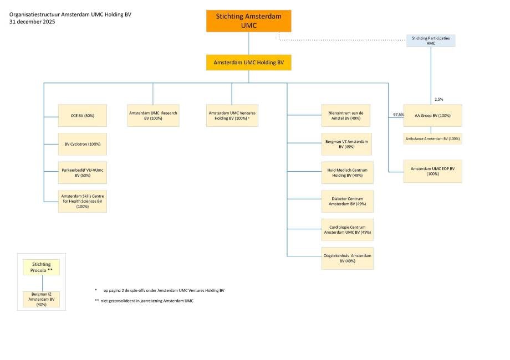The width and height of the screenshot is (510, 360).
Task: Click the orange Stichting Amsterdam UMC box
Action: point(248,21)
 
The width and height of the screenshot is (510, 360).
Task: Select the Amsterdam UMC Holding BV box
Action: point(248,63)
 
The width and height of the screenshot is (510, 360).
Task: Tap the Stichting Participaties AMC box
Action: point(431,40)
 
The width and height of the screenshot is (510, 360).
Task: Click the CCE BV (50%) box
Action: point(82,115)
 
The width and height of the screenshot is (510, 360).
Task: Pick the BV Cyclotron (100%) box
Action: point(82,144)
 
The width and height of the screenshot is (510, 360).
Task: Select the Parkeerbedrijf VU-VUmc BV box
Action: point(82,173)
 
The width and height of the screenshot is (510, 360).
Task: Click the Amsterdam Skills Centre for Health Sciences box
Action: point(82,201)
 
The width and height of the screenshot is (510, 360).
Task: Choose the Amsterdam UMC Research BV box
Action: point(153,115)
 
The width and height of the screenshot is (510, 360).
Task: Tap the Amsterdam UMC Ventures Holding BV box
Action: point(232,115)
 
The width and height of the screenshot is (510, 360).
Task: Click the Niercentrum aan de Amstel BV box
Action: point(346,115)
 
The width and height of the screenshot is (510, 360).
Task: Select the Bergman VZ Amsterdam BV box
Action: point(346,144)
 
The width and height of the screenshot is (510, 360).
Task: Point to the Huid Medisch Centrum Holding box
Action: point(348,173)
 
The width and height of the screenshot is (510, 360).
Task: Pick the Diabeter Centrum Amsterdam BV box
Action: point(348,201)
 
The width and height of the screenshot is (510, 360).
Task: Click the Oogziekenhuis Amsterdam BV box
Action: point(348,258)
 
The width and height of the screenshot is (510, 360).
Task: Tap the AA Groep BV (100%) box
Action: point(432,115)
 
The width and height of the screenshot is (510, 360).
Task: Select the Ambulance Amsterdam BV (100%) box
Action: point(432,138)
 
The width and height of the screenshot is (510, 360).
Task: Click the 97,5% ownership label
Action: point(399,114)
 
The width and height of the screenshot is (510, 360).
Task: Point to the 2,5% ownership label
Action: point(439,100)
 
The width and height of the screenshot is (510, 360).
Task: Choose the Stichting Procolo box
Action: point(42,267)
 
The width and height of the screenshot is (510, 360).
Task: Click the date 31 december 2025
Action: point(32,22)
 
